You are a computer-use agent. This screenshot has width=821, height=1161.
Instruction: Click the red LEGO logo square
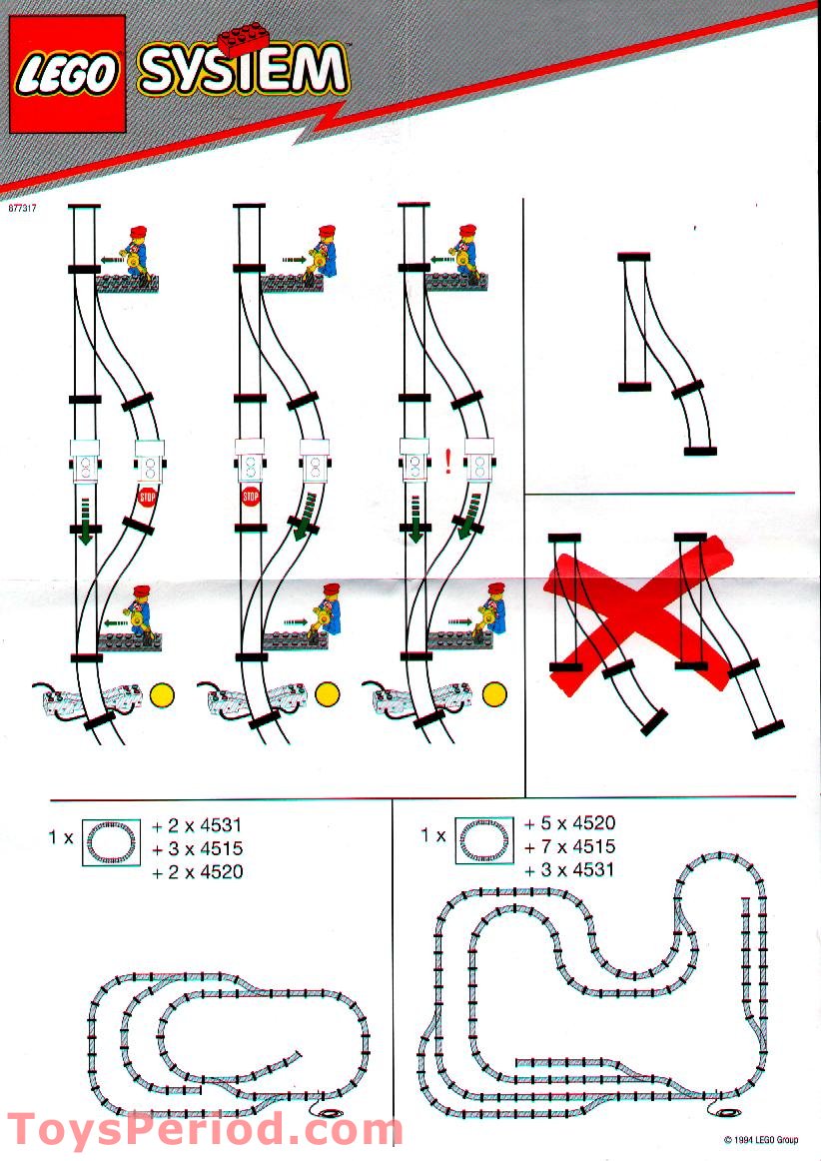(67, 74)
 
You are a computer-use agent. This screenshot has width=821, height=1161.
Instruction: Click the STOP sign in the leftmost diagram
(148, 497)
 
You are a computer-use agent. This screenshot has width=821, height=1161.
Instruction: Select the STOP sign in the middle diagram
(250, 497)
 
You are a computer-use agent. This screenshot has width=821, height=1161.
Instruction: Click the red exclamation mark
(448, 461)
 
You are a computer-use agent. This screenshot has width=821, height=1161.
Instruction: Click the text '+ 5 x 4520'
(569, 824)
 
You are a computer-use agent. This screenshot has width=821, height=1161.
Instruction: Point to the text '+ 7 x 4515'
(569, 847)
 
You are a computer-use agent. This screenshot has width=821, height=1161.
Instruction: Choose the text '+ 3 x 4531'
(569, 869)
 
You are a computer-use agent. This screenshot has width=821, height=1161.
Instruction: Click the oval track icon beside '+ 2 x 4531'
(111, 841)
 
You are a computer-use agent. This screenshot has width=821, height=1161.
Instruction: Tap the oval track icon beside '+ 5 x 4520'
(483, 839)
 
